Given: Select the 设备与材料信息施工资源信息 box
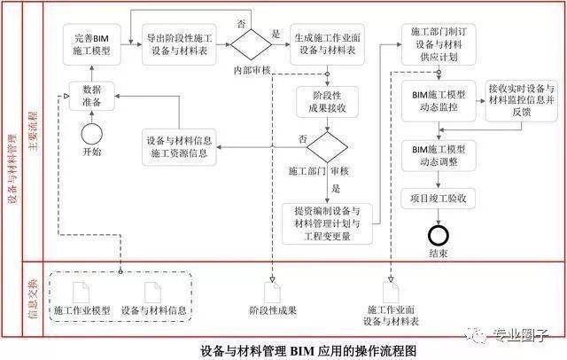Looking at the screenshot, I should [x=182, y=145].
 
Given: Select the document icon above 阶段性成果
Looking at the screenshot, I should [x=271, y=292].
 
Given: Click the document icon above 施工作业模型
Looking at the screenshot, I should [x=80, y=292].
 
